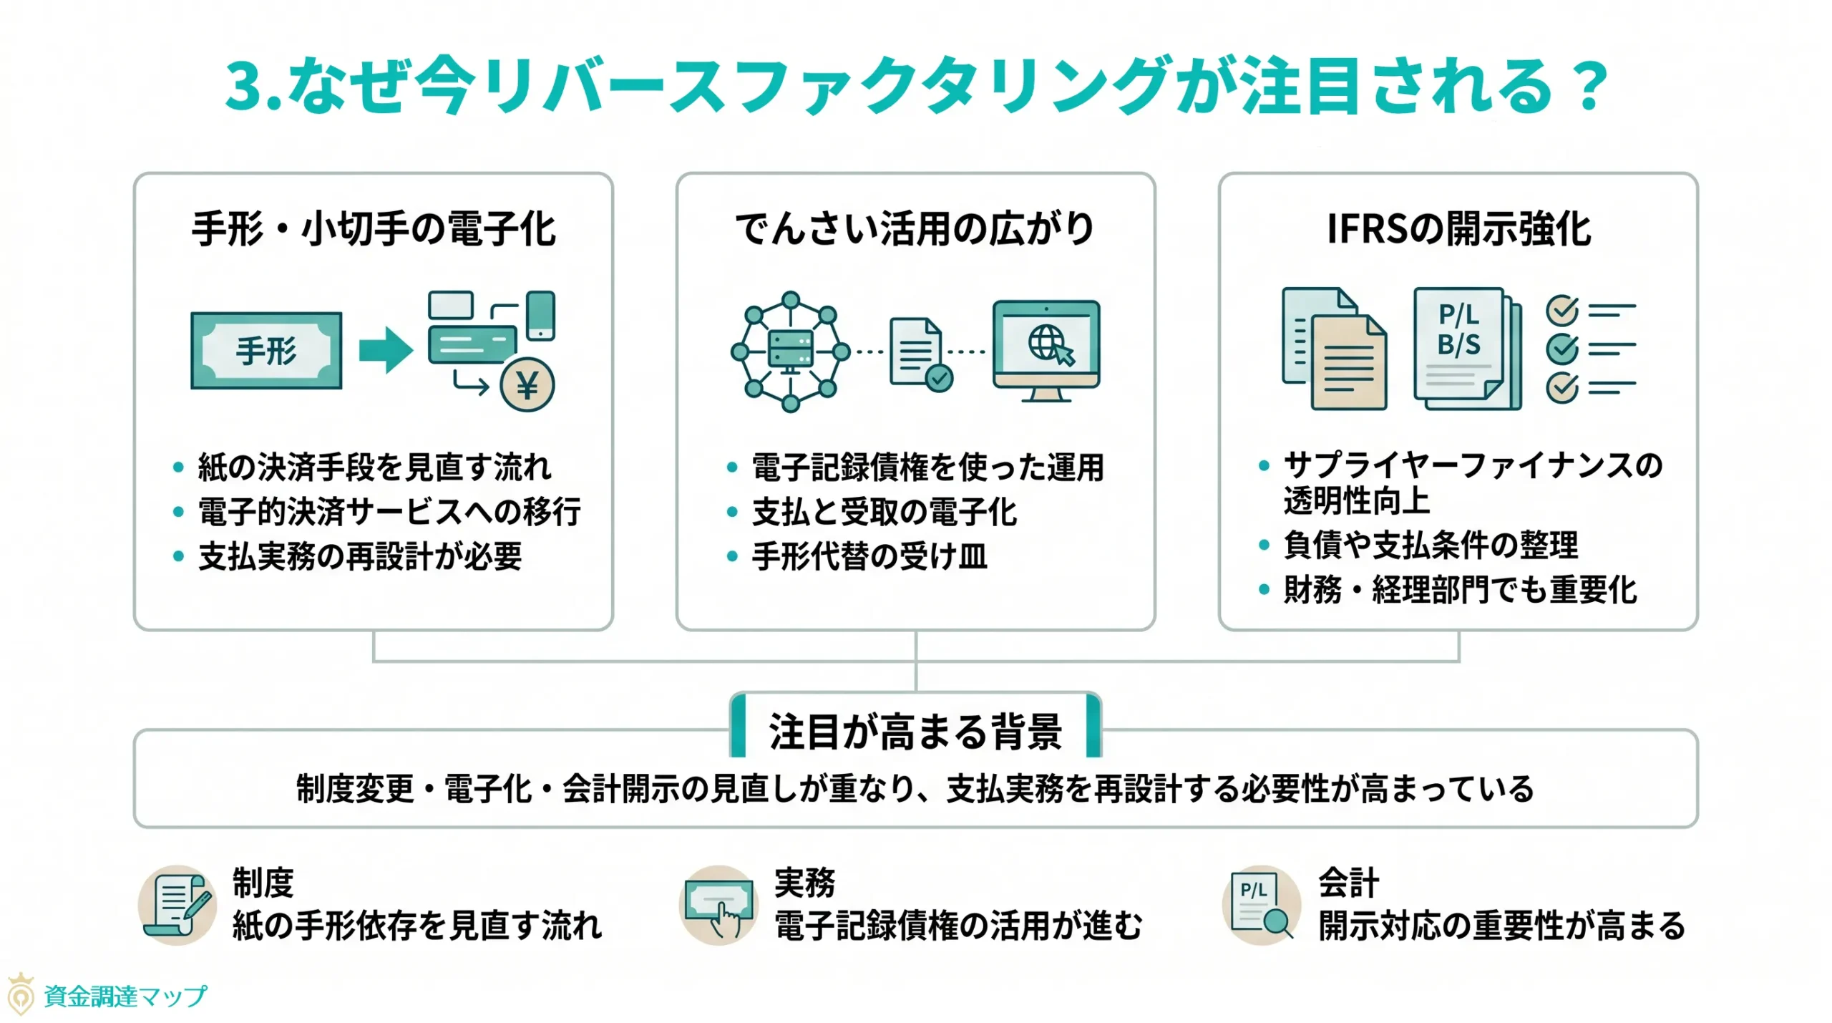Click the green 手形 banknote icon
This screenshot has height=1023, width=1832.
pyautogui.click(x=265, y=351)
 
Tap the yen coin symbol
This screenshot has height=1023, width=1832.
pyautogui.click(x=527, y=385)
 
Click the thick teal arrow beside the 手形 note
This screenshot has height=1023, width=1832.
pyautogui.click(x=386, y=350)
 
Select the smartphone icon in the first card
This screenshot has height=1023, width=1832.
pyautogui.click(x=540, y=315)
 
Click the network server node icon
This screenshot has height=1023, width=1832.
pyautogui.click(x=790, y=351)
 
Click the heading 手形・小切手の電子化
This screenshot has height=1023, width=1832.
pyautogui.click(x=374, y=229)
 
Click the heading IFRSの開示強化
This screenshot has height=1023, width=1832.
pyautogui.click(x=1458, y=229)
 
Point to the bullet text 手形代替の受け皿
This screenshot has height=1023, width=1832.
pyautogui.click(x=869, y=556)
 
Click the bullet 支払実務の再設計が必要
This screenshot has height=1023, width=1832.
pyautogui.click(x=360, y=556)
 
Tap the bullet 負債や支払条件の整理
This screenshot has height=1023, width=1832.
pyautogui.click(x=1430, y=545)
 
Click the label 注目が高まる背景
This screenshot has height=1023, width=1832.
pyautogui.click(x=915, y=732)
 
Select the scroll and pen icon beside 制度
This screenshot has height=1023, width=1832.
pyautogui.click(x=177, y=905)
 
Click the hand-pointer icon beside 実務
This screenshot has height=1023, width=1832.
pyautogui.click(x=718, y=906)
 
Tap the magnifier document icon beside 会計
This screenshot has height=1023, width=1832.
pyautogui.click(x=1261, y=906)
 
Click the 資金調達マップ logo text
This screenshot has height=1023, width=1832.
pyautogui.click(x=125, y=996)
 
